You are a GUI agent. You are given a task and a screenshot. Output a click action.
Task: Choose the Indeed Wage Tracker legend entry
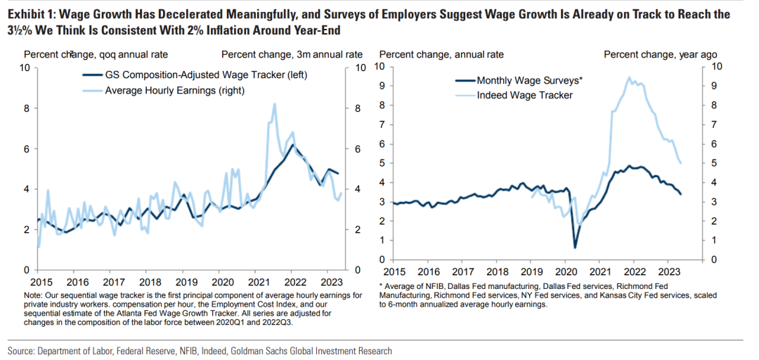point(524,95)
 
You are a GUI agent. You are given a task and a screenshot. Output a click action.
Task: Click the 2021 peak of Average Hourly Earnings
point(273,104)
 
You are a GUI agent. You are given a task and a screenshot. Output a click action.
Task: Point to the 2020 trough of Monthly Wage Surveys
point(575,247)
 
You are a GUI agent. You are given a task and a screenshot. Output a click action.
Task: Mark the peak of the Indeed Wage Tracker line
point(628,78)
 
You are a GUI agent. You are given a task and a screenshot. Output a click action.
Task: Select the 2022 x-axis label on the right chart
point(634,270)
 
